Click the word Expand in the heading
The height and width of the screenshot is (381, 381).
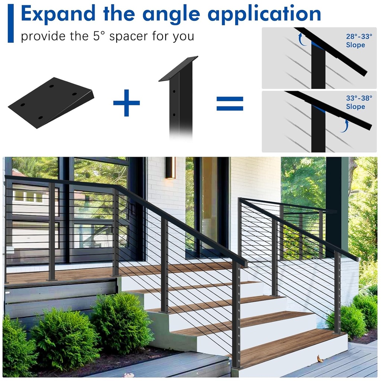pos(58,14)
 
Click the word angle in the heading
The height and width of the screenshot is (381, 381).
pos(173,14)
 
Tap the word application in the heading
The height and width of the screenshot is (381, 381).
pos(264,14)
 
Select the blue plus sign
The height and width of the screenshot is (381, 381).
pos(127,103)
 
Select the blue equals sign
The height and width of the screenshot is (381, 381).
pos(230,103)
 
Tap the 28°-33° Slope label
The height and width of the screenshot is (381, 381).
pos(355,41)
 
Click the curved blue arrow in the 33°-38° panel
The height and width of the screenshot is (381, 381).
pos(345,127)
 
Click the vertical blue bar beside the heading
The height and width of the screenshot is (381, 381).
pos(10,23)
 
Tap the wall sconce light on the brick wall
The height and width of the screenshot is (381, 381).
pos(170,168)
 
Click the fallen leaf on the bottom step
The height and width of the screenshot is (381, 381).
pos(320,359)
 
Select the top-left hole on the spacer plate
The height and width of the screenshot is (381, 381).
pos(51,86)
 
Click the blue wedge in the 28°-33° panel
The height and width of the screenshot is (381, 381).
pos(317,46)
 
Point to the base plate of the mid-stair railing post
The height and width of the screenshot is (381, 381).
pos(164,312)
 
